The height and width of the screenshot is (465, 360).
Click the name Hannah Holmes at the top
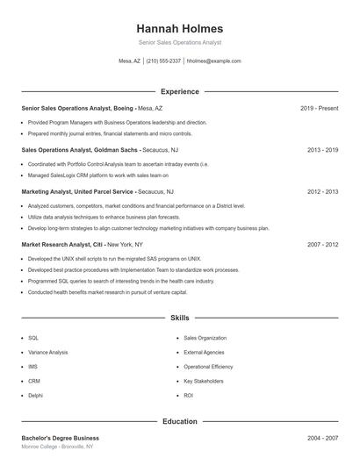[x=180, y=29]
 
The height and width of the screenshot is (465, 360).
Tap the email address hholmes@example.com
[x=213, y=61]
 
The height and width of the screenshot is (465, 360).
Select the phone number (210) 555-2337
[x=163, y=61]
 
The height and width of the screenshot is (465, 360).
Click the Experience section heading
[x=180, y=91]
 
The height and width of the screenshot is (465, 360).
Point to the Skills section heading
[x=180, y=318]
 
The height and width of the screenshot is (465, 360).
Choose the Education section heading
[x=180, y=421]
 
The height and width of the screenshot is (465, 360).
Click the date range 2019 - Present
[x=319, y=108]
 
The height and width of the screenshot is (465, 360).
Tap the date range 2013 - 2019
[x=322, y=150]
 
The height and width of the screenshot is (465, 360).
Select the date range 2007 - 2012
[x=322, y=244]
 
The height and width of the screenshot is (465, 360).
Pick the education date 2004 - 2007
[x=322, y=438]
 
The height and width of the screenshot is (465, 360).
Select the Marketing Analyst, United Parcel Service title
[x=77, y=191]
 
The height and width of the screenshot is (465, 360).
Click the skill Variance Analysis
[x=47, y=352]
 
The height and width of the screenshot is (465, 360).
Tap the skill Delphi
[x=35, y=396]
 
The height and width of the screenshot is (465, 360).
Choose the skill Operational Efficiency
[x=208, y=367]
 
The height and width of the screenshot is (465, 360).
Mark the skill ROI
[x=189, y=396]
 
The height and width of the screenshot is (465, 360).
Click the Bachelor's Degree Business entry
[x=60, y=438]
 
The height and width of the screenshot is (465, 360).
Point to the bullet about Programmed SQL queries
[x=109, y=281]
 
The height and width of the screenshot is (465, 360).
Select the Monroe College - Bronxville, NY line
[x=57, y=447]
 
